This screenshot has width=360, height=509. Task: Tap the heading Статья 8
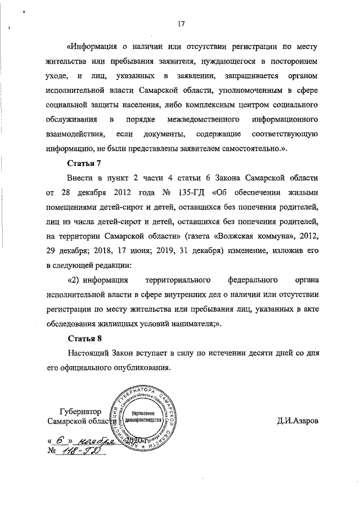coord(84,339)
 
